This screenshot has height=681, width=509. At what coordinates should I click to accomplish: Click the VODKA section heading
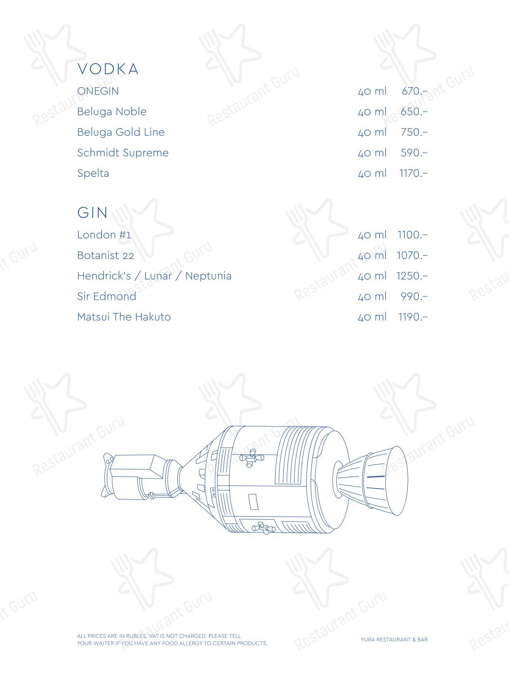(108, 69)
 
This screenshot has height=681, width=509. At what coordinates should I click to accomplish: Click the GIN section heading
(92, 212)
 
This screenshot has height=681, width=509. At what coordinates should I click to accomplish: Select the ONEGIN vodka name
(98, 91)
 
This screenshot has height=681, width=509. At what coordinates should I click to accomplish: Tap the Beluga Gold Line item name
(121, 132)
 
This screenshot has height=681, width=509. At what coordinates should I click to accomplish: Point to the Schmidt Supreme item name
(123, 153)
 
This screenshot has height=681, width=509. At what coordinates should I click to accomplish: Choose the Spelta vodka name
(93, 173)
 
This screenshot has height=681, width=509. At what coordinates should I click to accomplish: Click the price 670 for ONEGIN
(414, 91)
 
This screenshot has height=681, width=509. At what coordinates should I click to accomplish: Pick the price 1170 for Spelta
(413, 173)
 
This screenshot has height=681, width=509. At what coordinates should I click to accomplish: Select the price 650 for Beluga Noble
(414, 112)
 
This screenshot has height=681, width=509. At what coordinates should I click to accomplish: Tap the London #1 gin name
(104, 235)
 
